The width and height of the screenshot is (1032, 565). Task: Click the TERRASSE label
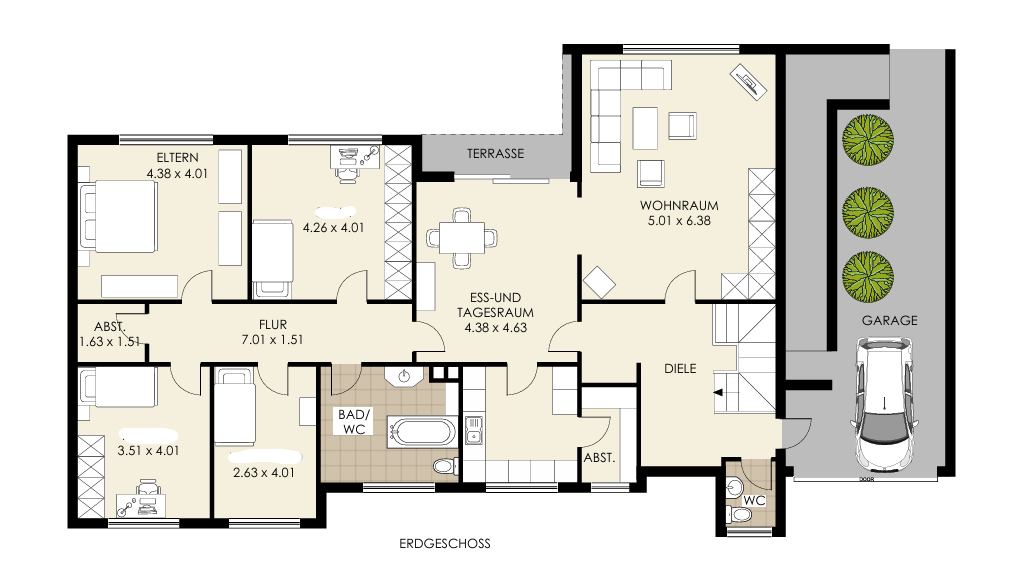[x=496, y=153]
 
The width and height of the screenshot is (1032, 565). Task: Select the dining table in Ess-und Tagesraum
[x=461, y=238]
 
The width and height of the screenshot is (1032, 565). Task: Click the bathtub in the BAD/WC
[x=421, y=433]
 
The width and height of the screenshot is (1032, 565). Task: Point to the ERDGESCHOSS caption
[x=445, y=543]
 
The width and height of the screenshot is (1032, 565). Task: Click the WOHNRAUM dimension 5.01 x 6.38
[x=679, y=221]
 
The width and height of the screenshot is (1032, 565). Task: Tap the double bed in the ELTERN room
[x=118, y=217]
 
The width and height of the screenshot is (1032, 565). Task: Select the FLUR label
[x=272, y=325]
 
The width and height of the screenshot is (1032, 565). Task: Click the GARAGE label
[x=890, y=321]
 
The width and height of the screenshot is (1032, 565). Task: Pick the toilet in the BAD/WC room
[x=446, y=466]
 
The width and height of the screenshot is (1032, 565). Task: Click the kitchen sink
[x=473, y=429]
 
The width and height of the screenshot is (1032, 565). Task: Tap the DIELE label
[x=680, y=369]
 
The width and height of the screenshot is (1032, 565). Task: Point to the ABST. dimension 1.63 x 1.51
[x=109, y=342]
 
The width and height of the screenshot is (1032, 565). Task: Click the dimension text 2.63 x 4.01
[x=264, y=472]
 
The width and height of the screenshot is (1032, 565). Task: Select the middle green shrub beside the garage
[x=868, y=213]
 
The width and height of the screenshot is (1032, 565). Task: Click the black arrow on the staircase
[x=718, y=393]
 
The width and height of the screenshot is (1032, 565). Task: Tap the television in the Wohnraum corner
[x=748, y=82]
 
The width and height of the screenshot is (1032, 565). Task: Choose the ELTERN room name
[x=177, y=158]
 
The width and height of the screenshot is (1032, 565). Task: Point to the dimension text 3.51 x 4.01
[x=148, y=451]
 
